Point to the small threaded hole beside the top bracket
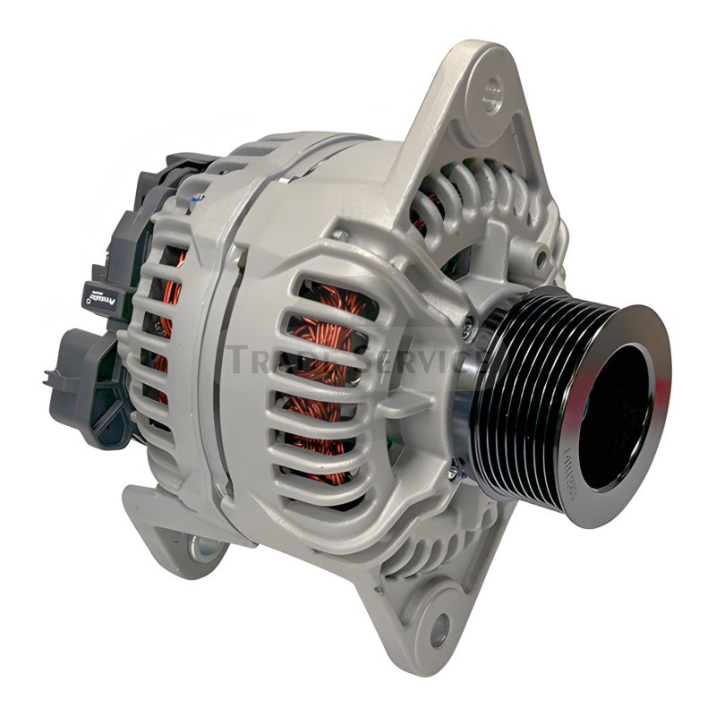click(541, 259)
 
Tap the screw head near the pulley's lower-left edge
click(456, 466)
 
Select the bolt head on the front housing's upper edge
click(340, 234)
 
